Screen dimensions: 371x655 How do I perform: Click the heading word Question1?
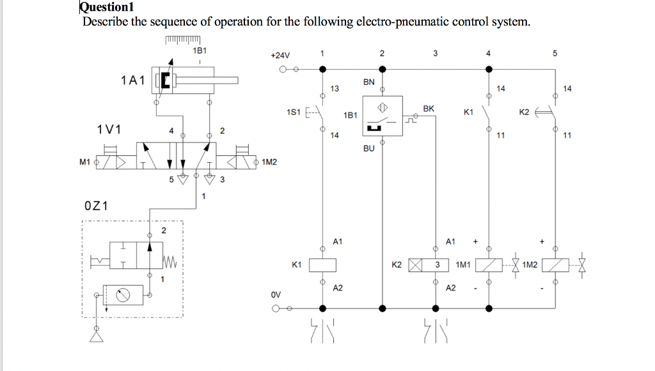pos(105,8)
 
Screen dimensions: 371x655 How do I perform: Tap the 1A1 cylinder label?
pos(132,80)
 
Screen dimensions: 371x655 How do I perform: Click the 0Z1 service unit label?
pos(96,206)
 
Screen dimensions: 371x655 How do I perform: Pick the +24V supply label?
pos(280,56)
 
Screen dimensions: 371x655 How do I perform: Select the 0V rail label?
pos(275,296)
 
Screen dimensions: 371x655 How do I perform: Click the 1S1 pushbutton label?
pos(294,113)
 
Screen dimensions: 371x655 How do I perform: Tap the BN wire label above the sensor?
pos(368,82)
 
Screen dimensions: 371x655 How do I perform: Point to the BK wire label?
pos(429,109)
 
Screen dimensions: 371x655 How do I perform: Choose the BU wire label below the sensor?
pos(368,148)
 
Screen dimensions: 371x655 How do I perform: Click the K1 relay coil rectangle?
pos(323,264)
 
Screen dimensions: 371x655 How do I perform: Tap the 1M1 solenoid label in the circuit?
pos(463,264)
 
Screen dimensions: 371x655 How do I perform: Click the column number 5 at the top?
pos(555,54)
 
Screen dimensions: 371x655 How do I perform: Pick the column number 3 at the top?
pos(436,54)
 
